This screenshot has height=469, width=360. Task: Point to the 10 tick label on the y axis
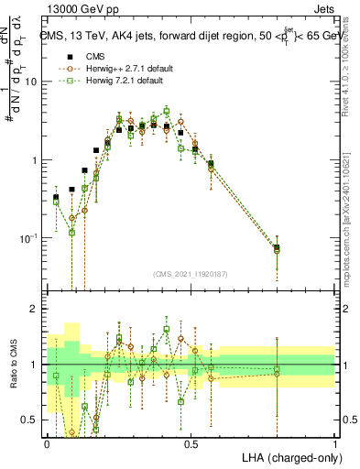[x=33, y=82]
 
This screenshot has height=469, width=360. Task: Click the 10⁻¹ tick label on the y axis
[x=29, y=238]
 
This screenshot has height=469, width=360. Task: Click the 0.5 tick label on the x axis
[x=191, y=443]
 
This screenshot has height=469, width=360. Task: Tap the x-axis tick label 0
[x=47, y=443]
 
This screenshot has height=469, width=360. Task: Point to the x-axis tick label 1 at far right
[x=334, y=443]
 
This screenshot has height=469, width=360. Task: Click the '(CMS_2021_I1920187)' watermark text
[x=191, y=273]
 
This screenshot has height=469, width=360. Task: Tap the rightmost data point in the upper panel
[x=278, y=248]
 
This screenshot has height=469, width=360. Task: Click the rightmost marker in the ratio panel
[x=278, y=371]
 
